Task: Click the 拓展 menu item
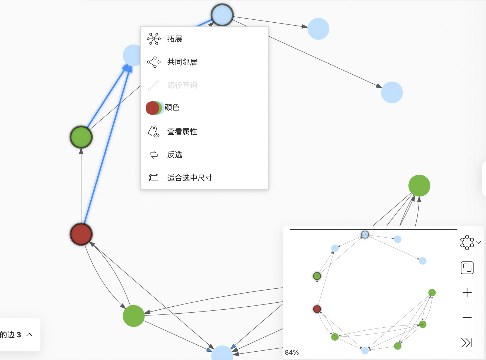coord(174,39)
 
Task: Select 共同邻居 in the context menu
coord(182,62)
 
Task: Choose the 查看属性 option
coord(182,132)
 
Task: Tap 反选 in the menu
coord(174,155)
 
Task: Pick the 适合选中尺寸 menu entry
coord(190,178)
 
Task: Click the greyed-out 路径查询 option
coord(182,85)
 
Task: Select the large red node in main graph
coord(81,234)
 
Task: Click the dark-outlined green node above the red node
coord(81,137)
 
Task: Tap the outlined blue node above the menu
coord(222,15)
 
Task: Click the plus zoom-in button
coord(467,293)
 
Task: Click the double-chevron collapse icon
coord(467,342)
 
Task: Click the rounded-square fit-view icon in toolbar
coord(467,268)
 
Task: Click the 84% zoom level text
coord(292,352)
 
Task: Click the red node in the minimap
coord(317,309)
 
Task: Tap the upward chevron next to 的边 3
coord(29,335)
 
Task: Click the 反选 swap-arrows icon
coord(154,155)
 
